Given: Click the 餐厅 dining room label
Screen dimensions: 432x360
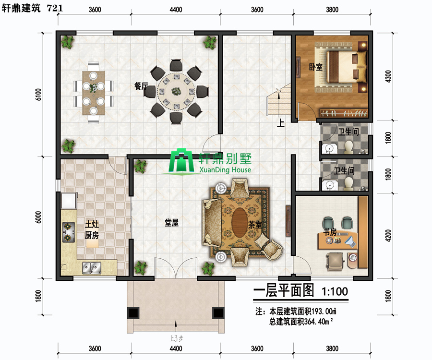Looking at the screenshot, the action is tap(141, 86).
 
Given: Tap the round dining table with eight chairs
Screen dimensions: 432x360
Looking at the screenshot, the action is tap(176, 91).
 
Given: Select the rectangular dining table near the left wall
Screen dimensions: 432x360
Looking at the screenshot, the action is tap(94, 93).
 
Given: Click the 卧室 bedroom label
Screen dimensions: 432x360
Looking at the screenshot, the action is tap(315, 67).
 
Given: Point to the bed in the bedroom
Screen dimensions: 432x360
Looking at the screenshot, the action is tap(347, 67).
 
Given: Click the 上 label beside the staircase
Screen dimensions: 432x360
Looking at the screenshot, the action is tap(280, 123).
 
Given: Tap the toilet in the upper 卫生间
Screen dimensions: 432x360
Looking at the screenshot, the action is tap(349, 147).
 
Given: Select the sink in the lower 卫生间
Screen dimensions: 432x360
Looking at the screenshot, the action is tap(329, 185).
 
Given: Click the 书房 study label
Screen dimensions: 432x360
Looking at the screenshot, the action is tap(330, 232).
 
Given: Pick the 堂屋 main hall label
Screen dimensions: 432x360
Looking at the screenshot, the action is tap(171, 223).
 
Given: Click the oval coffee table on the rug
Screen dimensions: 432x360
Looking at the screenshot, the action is tap(240, 222).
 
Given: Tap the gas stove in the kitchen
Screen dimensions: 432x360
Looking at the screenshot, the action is tap(68, 232).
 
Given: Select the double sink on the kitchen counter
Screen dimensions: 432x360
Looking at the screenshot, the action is tap(92, 268).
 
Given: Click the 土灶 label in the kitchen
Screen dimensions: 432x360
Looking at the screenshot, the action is tap(92, 224).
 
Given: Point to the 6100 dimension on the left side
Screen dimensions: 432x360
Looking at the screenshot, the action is tap(38, 95).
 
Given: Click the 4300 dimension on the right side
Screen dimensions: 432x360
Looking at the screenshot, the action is tap(388, 76).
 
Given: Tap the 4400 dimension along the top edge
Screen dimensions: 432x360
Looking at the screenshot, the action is tap(176, 10).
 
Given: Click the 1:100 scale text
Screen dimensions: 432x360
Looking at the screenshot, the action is tap(335, 291).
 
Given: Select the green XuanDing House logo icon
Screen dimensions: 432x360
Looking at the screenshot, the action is tap(181, 162).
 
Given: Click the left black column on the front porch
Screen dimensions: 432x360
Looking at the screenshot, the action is tap(133, 313).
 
